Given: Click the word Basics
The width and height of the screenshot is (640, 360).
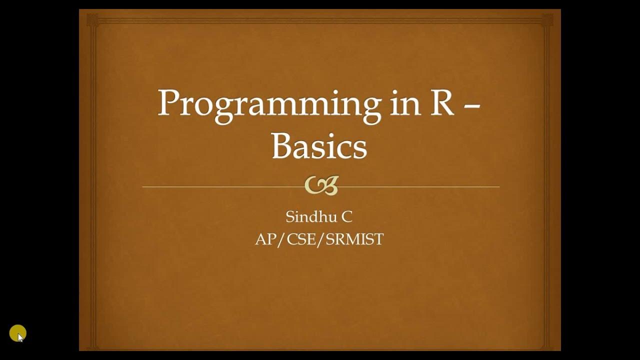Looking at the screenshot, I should click(x=319, y=146).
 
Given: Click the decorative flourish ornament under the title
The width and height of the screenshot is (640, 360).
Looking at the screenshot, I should click(x=321, y=185).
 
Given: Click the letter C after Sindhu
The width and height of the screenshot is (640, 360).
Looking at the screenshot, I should click(x=346, y=217).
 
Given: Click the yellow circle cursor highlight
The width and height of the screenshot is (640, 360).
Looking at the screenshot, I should click(x=17, y=333).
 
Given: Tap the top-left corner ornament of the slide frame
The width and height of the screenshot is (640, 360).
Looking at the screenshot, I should click(x=92, y=20).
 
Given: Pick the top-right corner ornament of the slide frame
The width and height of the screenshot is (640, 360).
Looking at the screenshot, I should click(x=547, y=20).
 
